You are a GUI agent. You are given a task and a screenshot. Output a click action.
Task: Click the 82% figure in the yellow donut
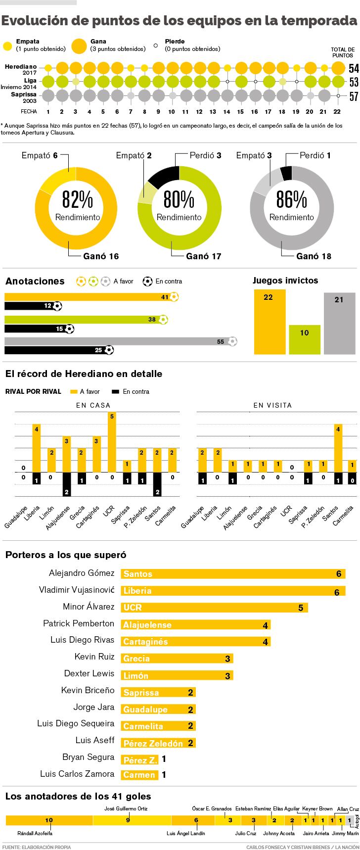(x=77, y=200)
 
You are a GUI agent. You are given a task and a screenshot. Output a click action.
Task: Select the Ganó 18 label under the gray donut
(x=314, y=256)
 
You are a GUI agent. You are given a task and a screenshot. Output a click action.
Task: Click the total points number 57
(x=354, y=96)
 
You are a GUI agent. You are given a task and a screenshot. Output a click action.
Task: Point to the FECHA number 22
(x=337, y=112)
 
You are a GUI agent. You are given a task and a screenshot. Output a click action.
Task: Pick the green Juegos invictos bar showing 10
(x=304, y=339)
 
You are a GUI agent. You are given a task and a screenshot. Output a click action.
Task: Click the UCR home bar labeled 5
(x=112, y=442)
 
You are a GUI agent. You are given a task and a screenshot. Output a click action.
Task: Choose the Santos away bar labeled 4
(x=338, y=448)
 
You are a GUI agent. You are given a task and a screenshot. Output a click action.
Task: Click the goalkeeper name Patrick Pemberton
(x=79, y=623)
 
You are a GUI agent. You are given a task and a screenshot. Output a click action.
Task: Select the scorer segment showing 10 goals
(x=49, y=820)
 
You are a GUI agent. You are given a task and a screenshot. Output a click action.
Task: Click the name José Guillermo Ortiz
(x=126, y=808)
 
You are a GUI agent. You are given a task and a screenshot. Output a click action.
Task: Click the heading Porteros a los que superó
(x=66, y=555)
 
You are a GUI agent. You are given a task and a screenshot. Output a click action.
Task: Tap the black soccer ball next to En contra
(x=147, y=281)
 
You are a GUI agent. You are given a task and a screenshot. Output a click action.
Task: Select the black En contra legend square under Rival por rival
(x=116, y=391)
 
